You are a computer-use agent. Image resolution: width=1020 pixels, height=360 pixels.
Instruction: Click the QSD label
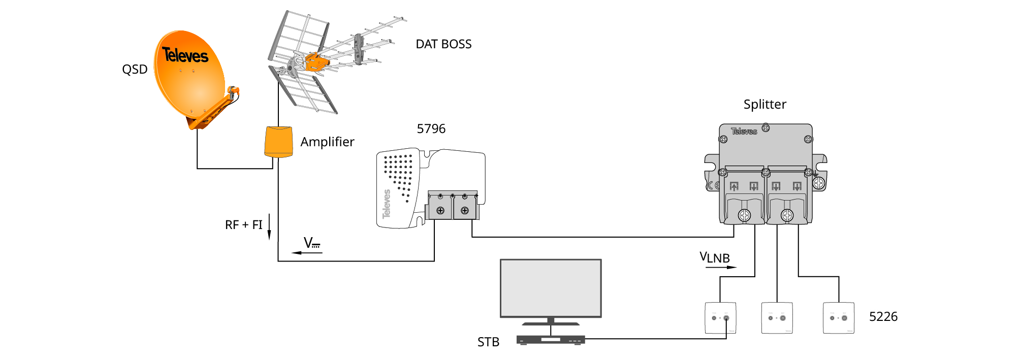pyautogui.click(x=135, y=70)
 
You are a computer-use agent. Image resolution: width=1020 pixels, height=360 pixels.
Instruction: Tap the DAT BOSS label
pyautogui.click(x=443, y=45)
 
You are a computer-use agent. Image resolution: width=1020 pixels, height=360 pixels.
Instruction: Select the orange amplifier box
pyautogui.click(x=278, y=142)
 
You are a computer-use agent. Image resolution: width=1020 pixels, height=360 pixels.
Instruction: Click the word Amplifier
pyautogui.click(x=327, y=142)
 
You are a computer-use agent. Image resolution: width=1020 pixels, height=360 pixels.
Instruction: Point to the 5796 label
pyautogui.click(x=431, y=129)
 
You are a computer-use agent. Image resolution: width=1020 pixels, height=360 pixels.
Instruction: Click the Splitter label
pyautogui.click(x=764, y=105)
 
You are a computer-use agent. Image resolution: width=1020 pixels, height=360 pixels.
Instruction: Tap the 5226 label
pyautogui.click(x=883, y=317)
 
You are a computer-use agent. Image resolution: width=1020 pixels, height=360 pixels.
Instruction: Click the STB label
pyautogui.click(x=488, y=342)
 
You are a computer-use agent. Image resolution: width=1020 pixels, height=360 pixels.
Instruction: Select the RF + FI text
pyautogui.click(x=243, y=225)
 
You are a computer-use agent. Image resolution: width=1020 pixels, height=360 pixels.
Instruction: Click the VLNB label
pyautogui.click(x=715, y=258)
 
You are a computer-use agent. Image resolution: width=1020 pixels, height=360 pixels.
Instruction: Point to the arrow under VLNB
pyautogui.click(x=721, y=267)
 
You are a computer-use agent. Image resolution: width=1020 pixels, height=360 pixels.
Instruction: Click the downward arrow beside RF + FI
pyautogui.click(x=269, y=226)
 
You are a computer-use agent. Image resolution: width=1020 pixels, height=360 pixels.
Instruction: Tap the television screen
pyautogui.click(x=551, y=288)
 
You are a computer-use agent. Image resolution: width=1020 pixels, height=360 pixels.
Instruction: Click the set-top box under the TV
pyautogui.click(x=551, y=340)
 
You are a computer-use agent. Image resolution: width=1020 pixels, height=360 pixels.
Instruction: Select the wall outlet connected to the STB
pyautogui.click(x=720, y=318)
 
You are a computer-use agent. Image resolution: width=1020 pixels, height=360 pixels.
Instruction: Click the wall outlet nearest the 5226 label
pyautogui.click(x=838, y=318)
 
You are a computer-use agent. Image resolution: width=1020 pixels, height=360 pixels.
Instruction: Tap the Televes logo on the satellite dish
pyautogui.click(x=185, y=55)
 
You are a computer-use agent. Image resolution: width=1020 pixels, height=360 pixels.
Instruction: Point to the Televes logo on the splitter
pyautogui.click(x=744, y=132)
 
